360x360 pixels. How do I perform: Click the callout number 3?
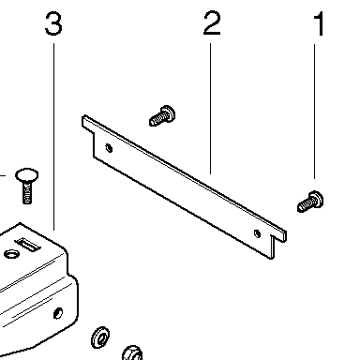click(53, 23)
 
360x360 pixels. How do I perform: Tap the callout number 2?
click(212, 22)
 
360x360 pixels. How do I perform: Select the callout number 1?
click(319, 23)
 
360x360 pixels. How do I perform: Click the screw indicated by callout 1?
click(310, 202)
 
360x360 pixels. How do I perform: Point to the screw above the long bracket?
click(162, 116)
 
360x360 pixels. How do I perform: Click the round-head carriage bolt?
click(27, 187)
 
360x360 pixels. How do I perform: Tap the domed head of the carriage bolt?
click(27, 175)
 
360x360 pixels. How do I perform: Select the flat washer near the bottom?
click(100, 337)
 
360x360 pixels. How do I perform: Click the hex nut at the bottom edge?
click(133, 353)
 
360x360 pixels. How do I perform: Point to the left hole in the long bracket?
click(109, 148)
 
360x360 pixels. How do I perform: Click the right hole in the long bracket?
click(257, 233)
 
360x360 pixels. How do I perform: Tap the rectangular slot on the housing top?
click(28, 245)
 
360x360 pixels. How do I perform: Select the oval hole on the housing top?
click(11, 254)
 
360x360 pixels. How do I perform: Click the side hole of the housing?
click(58, 313)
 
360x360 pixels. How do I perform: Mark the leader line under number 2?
click(210, 109)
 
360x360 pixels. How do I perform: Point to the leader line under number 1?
click(314, 112)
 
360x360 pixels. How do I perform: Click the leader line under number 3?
click(53, 137)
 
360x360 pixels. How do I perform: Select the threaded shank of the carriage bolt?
click(27, 193)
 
